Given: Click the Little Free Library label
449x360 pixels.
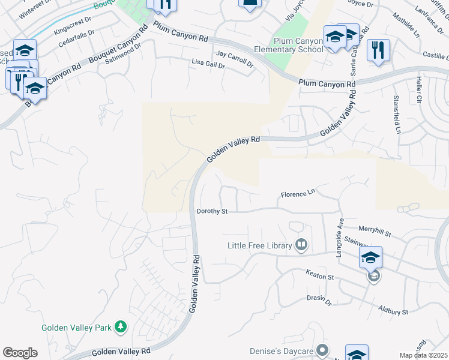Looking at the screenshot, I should (259, 245).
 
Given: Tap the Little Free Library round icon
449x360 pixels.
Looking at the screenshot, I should (301, 245).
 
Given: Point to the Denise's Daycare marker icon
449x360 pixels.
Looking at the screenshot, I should (323, 350).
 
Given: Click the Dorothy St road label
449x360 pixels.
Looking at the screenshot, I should (212, 211).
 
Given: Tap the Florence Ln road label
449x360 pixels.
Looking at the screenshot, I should (298, 194).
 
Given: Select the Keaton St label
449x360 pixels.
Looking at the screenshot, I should (319, 277).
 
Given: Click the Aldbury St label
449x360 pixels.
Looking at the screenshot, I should (393, 311).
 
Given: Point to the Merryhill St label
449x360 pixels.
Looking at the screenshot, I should (375, 230).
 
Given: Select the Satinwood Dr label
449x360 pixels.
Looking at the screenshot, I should (122, 54).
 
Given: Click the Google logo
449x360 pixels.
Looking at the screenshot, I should (20, 353).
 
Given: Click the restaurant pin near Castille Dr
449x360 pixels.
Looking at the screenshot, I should (378, 50).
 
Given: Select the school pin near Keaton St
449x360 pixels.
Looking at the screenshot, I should (371, 258).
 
